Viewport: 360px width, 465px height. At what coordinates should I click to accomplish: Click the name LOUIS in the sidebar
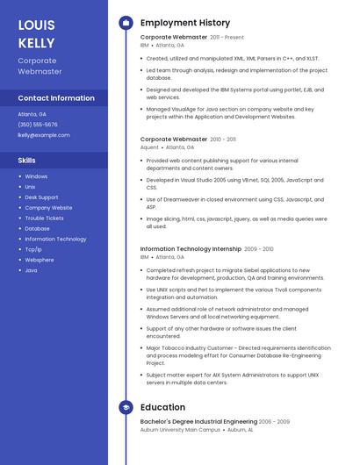coord(36,25)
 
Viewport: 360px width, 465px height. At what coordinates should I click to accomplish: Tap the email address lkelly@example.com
coord(44,135)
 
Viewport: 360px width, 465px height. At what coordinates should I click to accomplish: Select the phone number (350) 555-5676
coord(38,125)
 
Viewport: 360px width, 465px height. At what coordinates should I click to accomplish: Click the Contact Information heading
coord(56,98)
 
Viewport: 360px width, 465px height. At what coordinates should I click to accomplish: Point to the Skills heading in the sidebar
coord(27,161)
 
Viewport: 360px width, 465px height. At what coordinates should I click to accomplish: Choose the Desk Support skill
coord(41,197)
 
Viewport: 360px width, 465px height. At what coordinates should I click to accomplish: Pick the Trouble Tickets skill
coord(44,218)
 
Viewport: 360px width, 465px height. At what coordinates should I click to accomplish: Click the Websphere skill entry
coord(40,260)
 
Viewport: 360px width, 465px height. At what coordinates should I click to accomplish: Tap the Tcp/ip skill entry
coord(33,249)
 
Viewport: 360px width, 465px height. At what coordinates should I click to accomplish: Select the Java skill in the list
coord(31,270)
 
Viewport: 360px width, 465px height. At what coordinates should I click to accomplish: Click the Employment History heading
coord(185,23)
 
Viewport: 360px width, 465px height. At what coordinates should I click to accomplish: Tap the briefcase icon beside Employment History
coord(126,23)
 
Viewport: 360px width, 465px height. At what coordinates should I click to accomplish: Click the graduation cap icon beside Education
coord(126,407)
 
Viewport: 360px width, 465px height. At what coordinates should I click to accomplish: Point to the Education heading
coord(162,407)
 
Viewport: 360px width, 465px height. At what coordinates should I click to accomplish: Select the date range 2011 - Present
coord(227,38)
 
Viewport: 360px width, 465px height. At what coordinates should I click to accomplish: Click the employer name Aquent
coord(149,147)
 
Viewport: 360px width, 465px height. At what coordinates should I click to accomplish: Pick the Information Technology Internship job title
coord(191,249)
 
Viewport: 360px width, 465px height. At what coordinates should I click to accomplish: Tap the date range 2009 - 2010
coord(259,249)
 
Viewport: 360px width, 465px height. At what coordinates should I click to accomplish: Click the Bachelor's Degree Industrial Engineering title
coord(198,422)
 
